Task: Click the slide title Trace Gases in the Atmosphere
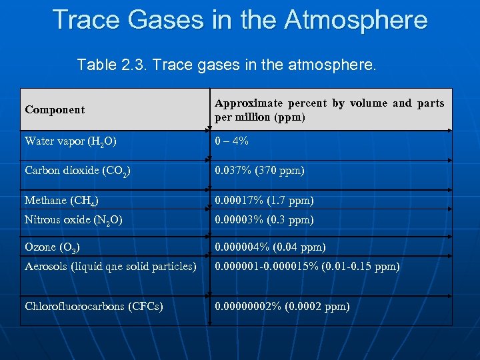(240, 20)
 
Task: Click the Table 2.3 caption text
(227, 65)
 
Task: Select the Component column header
(55, 110)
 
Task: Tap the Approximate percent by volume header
(329, 110)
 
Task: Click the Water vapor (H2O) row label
(71, 141)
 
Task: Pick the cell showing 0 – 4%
(231, 141)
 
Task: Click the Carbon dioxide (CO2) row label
(77, 171)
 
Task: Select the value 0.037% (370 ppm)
(259, 171)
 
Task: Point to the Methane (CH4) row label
(64, 201)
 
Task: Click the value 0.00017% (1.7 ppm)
(264, 201)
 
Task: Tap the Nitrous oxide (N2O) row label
(73, 220)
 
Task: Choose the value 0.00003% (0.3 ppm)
(264, 220)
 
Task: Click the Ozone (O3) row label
(53, 247)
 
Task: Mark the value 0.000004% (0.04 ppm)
(270, 247)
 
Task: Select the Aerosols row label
(110, 267)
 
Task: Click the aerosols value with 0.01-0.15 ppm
(307, 267)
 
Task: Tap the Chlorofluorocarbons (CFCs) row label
(94, 307)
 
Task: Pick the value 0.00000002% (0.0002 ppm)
(282, 307)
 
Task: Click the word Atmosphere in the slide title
(355, 20)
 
